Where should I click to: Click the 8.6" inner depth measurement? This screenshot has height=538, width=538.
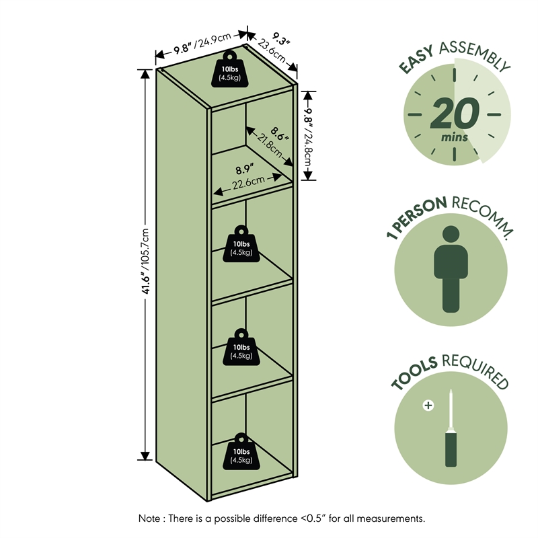[x=279, y=133]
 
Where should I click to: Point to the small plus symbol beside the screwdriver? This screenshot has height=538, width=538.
[x=428, y=406]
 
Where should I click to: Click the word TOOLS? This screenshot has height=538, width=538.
[x=413, y=373]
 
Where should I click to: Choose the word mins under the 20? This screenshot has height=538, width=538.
[x=455, y=137]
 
